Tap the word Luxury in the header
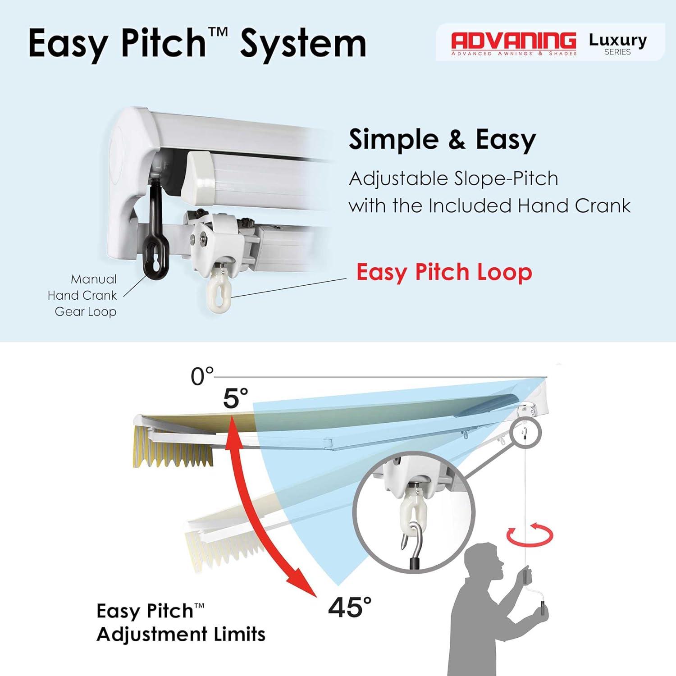click(x=617, y=41)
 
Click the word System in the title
click(x=303, y=44)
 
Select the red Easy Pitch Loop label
click(x=444, y=272)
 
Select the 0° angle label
click(x=202, y=376)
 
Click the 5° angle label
click(x=235, y=398)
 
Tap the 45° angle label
click(x=350, y=607)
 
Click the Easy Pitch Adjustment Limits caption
click(x=181, y=622)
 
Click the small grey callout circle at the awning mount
click(x=527, y=433)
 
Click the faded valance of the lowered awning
click(x=225, y=548)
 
